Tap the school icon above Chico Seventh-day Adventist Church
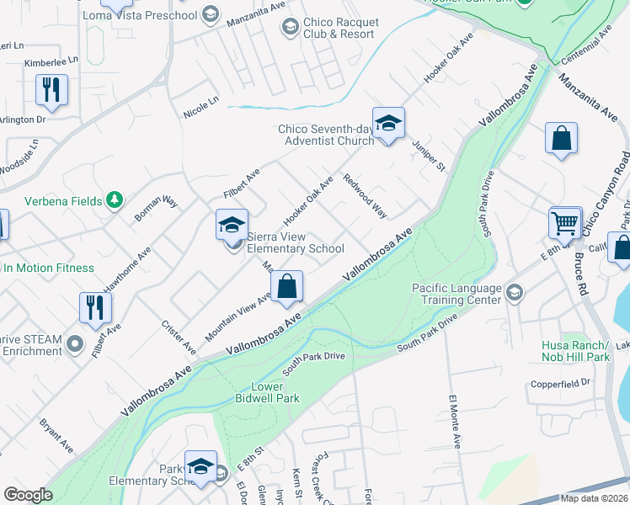point(388,124)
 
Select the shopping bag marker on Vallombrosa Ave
point(287,286)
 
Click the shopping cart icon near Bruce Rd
point(565,223)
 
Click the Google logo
point(28,494)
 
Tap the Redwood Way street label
point(365,197)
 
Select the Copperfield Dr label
point(560,384)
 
